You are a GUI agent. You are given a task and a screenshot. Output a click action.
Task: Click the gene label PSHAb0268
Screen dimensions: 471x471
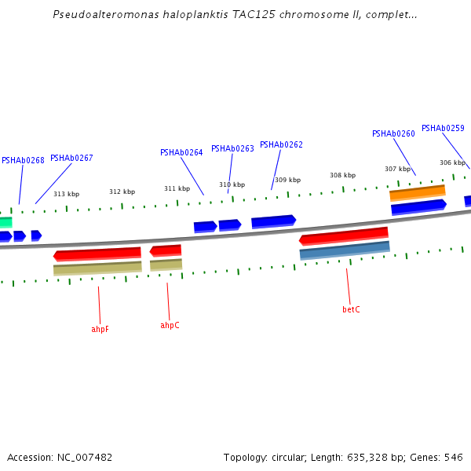[x=23, y=160]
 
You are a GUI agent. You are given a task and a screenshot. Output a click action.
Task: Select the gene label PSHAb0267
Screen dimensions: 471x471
[x=71, y=158]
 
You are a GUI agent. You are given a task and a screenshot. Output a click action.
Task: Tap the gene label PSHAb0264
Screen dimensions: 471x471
[x=181, y=152]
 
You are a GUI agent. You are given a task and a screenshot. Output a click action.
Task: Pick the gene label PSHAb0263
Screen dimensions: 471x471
[x=232, y=148]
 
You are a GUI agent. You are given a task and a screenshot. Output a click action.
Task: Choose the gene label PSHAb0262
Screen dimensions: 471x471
[x=281, y=144]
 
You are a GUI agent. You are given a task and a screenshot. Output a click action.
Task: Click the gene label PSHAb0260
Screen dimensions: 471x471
[x=393, y=133]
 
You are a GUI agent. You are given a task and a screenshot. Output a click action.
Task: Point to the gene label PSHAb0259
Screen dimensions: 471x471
[x=443, y=128]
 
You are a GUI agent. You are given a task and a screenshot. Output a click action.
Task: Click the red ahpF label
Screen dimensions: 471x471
[x=100, y=329]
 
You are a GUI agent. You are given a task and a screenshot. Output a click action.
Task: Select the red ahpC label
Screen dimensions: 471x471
[x=170, y=325]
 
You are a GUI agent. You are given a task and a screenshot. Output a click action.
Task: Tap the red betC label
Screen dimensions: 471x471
[x=351, y=309]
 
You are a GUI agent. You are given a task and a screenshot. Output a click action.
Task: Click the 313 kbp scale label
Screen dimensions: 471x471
[x=66, y=194]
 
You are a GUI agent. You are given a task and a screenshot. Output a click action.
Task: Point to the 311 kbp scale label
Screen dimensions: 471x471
[x=177, y=188]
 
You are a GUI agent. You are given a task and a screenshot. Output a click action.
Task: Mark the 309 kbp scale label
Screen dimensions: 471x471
[x=287, y=180]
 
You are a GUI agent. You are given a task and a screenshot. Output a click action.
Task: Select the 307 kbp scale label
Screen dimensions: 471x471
[x=397, y=169]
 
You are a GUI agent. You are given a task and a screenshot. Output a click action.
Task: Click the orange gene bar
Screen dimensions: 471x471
[x=418, y=192]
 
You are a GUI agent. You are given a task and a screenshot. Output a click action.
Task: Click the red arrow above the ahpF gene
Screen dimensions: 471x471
[x=97, y=254]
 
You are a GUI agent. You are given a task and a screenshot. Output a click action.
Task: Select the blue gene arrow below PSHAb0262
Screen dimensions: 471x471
[x=273, y=221]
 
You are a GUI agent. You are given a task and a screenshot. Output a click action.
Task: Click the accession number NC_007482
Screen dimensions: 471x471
[x=82, y=457]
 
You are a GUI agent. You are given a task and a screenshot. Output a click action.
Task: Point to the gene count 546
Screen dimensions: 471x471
[x=453, y=457]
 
